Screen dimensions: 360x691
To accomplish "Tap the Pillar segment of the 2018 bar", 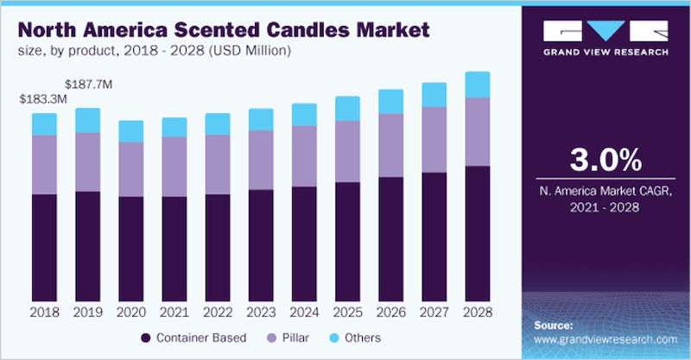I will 44,164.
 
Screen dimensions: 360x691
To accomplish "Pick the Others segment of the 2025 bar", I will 347,108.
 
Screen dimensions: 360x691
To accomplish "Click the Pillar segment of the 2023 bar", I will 261,160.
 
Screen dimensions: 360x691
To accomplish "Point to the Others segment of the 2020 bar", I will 131,130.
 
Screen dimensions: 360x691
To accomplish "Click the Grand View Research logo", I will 606,38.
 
